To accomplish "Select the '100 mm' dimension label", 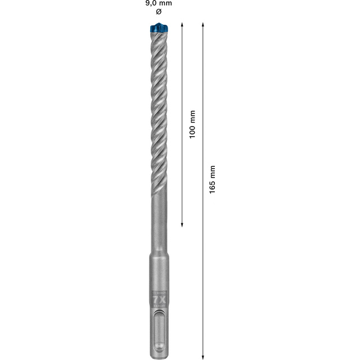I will [192, 124].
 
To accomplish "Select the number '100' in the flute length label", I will [192, 132].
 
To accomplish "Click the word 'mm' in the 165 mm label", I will [212, 172].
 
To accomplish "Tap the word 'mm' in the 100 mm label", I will [192, 116].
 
